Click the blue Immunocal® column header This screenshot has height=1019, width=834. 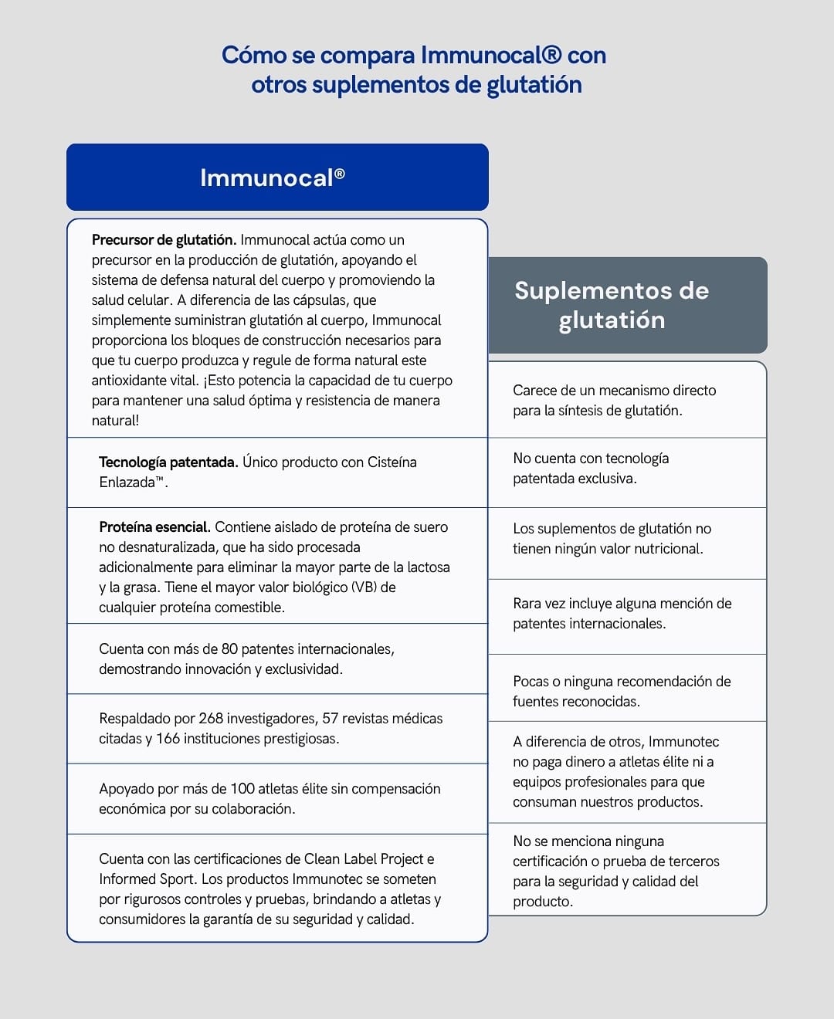(277, 178)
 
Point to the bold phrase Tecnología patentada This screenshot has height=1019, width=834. (168, 462)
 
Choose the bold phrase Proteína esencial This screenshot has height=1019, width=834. (154, 527)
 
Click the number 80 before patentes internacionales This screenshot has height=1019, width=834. (229, 649)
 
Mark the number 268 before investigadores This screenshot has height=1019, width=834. (211, 719)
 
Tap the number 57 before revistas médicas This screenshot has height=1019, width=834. (331, 719)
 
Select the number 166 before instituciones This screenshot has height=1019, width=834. (168, 739)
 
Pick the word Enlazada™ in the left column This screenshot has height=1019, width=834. (132, 482)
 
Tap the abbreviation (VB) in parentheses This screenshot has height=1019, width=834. (363, 587)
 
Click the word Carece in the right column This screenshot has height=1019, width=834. (535, 391)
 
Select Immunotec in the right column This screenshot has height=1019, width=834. (683, 742)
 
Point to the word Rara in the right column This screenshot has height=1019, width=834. (527, 604)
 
